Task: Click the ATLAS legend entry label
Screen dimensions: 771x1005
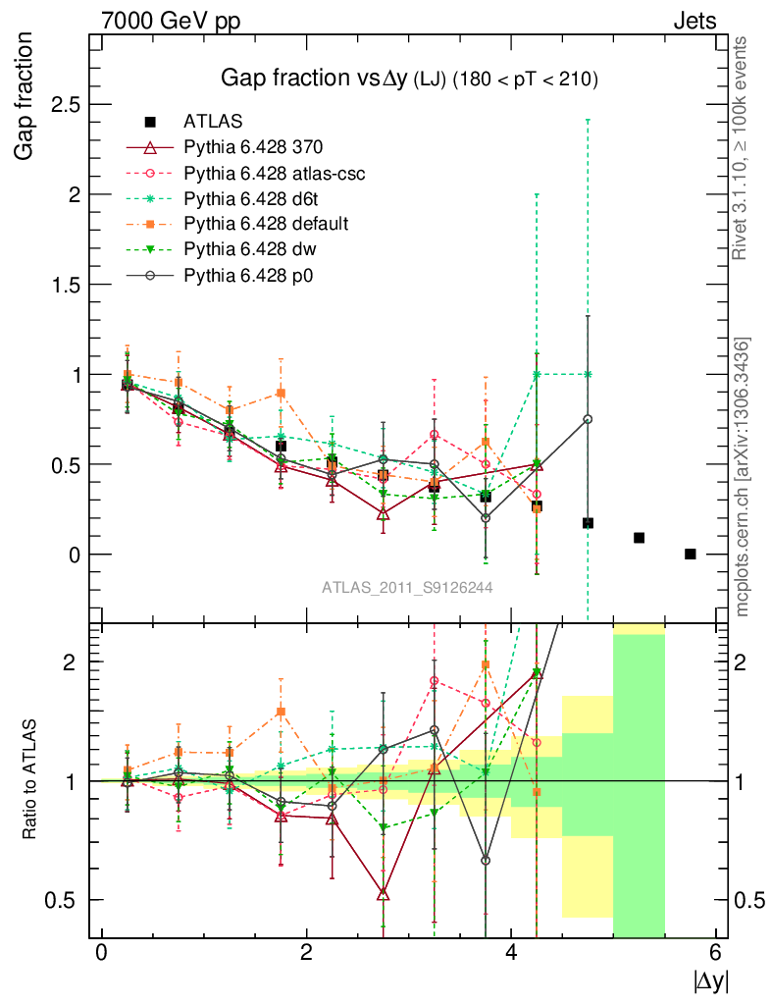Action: coord(213,121)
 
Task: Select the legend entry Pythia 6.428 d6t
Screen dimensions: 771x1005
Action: coord(251,198)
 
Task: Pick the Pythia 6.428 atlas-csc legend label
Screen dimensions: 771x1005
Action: coord(275,173)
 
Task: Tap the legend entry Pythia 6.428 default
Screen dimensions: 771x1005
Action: coord(266,224)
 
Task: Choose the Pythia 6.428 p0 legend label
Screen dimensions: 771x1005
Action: coord(248,276)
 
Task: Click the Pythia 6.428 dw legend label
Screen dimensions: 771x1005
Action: coord(250,249)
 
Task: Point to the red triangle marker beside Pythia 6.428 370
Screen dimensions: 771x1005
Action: coord(150,147)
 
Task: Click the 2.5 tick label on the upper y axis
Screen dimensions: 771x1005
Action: coord(66,104)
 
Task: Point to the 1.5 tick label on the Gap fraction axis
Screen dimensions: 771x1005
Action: coord(66,286)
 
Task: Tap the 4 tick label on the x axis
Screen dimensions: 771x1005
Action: coord(511,951)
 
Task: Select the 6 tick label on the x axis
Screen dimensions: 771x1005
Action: coord(715,951)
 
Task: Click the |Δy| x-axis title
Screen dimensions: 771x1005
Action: coord(711,981)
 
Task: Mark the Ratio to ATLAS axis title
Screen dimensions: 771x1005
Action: coord(29,779)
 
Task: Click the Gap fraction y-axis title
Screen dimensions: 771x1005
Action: coord(24,96)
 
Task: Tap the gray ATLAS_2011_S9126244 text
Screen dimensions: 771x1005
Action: coord(407,587)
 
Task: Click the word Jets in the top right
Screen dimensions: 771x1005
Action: coord(694,22)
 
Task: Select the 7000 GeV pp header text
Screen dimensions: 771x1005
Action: coord(171,22)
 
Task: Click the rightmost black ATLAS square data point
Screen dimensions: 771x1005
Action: coord(690,554)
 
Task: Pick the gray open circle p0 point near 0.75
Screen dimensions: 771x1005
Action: coord(588,419)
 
